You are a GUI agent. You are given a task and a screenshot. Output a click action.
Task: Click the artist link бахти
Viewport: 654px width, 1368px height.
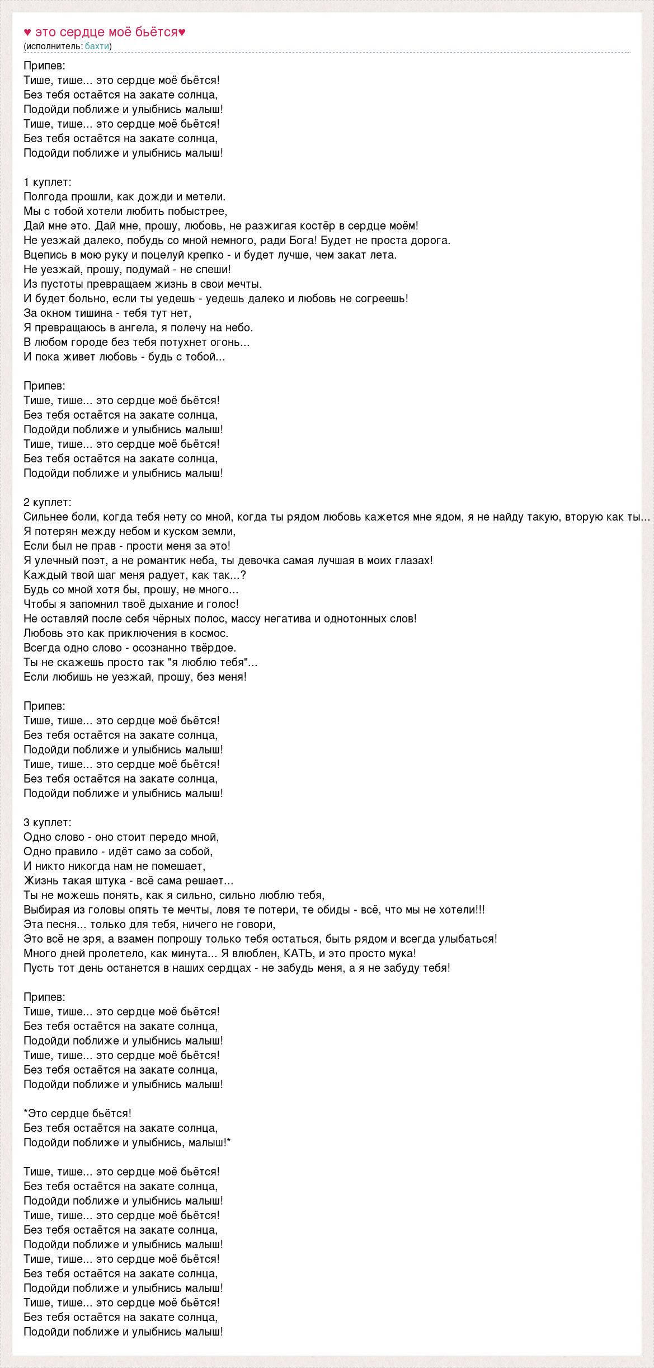click(97, 46)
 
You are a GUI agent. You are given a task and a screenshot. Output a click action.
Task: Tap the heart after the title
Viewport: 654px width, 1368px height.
click(182, 32)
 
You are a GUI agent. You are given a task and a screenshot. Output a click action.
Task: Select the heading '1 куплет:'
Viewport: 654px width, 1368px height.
click(48, 182)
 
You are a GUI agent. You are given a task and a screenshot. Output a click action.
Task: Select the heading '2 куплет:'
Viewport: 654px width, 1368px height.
click(48, 502)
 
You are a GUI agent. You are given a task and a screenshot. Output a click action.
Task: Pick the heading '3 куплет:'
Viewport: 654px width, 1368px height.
click(48, 822)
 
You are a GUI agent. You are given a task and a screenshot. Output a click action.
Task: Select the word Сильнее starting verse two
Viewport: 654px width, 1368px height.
click(45, 517)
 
